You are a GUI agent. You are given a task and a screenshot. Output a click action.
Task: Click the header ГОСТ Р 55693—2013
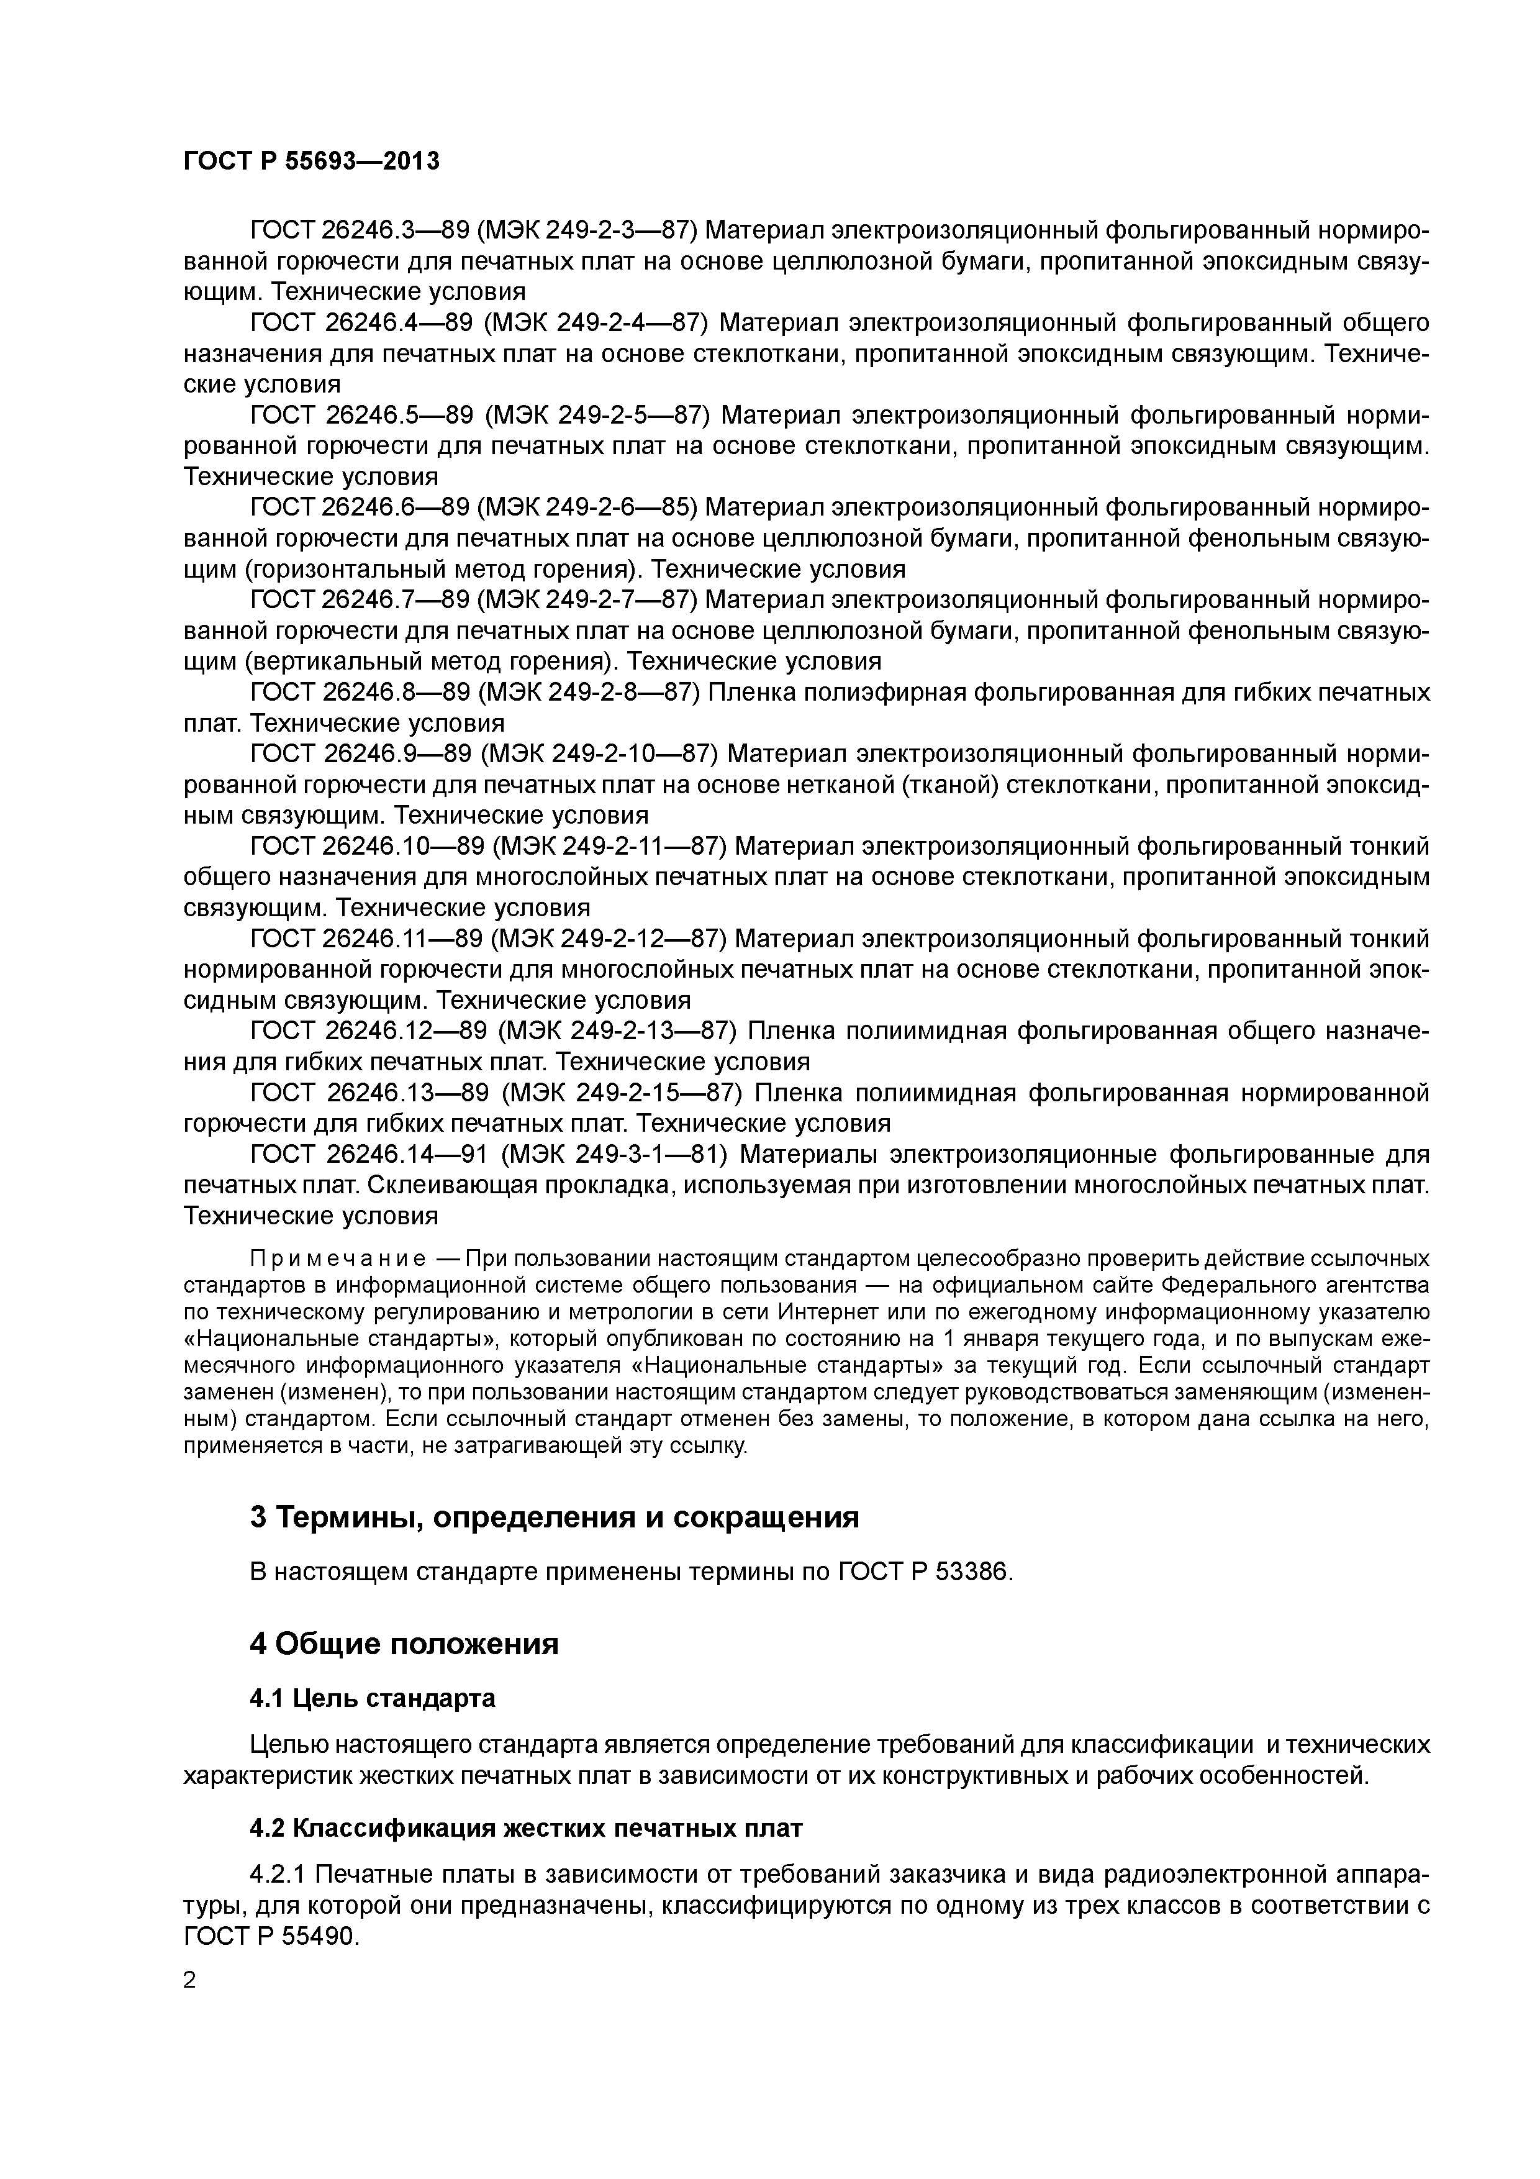(x=311, y=161)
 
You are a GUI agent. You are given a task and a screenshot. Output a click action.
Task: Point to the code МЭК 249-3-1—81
(x=614, y=1155)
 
